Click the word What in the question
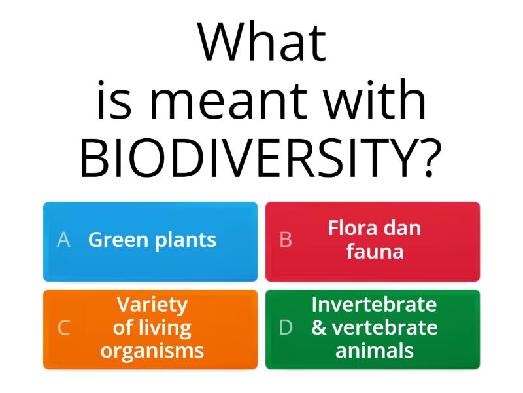[x=261, y=44]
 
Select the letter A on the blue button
[x=63, y=240]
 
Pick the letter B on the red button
[x=286, y=240]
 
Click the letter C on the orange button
[x=63, y=327]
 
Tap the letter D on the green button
[x=286, y=327]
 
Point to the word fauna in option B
[x=375, y=252]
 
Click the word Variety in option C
[x=152, y=305]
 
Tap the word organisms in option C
[x=152, y=350]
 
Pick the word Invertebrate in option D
[x=374, y=305]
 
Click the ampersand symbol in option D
[x=319, y=327]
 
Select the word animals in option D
[x=375, y=350]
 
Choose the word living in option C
[x=163, y=327]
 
